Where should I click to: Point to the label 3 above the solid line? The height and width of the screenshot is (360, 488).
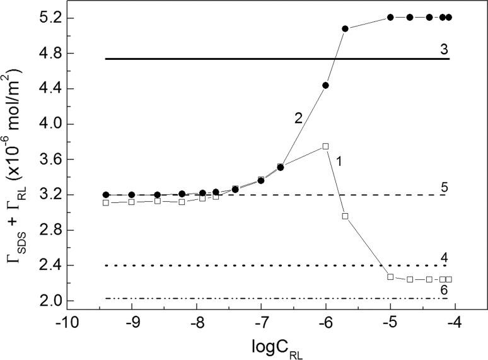click(x=444, y=49)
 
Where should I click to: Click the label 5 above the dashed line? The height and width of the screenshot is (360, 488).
click(x=444, y=187)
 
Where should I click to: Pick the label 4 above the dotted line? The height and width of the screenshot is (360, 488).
click(x=444, y=257)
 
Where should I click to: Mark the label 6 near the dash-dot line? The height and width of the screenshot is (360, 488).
click(x=444, y=289)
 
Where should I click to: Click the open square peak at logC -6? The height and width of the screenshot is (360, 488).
click(x=325, y=146)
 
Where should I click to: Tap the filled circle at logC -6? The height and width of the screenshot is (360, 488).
click(x=325, y=85)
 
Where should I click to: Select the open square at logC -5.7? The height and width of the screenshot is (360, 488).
click(x=345, y=216)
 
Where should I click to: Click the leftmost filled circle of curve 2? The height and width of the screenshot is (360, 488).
click(x=106, y=195)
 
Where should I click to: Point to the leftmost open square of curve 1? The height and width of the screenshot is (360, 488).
click(x=105, y=202)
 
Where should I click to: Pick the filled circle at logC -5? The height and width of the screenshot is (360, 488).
click(x=390, y=18)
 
